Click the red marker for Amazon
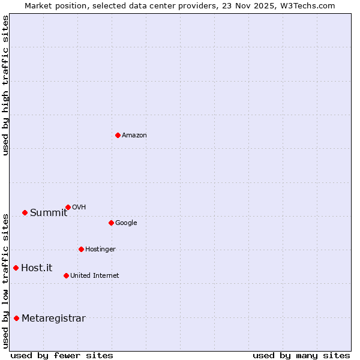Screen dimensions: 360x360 click(x=118, y=135)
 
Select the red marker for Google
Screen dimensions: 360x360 click(x=111, y=223)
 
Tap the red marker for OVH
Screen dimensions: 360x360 click(x=68, y=207)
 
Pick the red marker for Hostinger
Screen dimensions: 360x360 click(x=81, y=249)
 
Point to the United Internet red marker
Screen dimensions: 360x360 click(x=66, y=275)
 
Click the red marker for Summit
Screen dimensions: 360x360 click(x=25, y=212)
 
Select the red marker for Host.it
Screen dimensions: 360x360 click(x=16, y=268)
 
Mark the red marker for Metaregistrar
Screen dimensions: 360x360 click(x=16, y=318)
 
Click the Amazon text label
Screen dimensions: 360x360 click(x=134, y=136)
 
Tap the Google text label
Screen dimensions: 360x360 click(x=126, y=223)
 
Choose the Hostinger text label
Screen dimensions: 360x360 click(x=100, y=250)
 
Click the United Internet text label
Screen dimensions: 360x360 click(x=95, y=276)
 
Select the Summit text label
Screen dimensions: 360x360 click(x=49, y=213)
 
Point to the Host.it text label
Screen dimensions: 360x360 click(x=37, y=268)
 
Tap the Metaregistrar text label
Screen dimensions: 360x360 click(x=53, y=319)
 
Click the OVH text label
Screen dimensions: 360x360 click(x=79, y=208)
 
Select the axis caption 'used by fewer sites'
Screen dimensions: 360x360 click(x=62, y=355)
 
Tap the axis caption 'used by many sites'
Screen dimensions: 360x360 click(x=301, y=355)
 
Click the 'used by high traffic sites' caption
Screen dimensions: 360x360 click(x=6, y=85)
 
